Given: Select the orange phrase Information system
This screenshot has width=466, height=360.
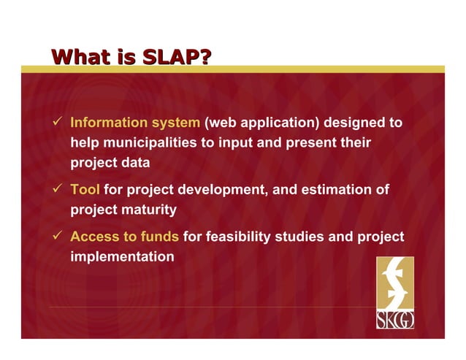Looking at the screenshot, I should pyautogui.click(x=134, y=123).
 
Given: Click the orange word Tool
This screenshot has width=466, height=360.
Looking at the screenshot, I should pyautogui.click(x=85, y=191).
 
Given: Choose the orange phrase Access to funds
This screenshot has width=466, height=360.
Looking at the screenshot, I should pyautogui.click(x=124, y=237).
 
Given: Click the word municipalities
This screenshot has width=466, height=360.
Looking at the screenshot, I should pyautogui.click(x=150, y=142).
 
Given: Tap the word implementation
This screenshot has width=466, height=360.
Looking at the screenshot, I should pyautogui.click(x=122, y=257).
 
